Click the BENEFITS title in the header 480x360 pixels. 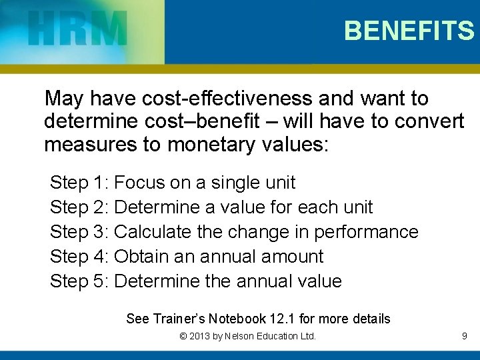(409, 31)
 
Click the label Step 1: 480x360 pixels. (79, 183)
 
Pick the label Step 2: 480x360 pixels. (79, 207)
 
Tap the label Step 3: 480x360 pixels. (79, 232)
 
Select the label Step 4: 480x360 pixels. (79, 257)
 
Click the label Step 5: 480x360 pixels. (79, 281)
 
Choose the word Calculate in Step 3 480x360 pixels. (155, 232)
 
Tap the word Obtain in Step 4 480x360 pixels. (144, 257)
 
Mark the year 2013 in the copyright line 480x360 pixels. (201, 337)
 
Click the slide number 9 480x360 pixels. (464, 337)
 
